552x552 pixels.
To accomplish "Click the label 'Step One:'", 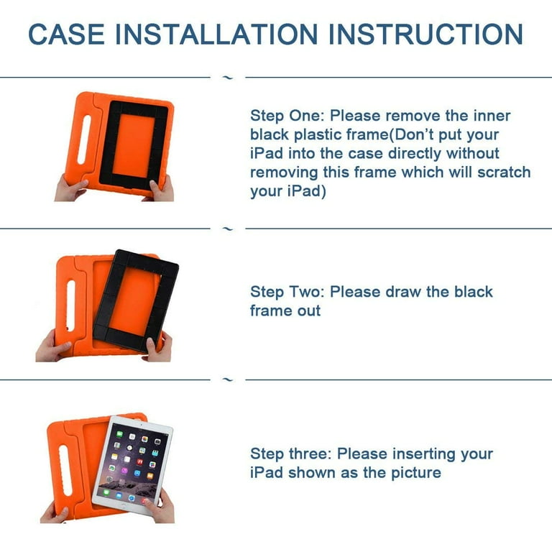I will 287,116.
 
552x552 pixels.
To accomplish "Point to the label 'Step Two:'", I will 287,292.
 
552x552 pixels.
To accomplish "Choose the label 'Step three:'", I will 291,454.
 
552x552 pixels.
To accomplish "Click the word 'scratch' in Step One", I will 504,172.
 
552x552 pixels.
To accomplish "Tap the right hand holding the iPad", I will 160,507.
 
